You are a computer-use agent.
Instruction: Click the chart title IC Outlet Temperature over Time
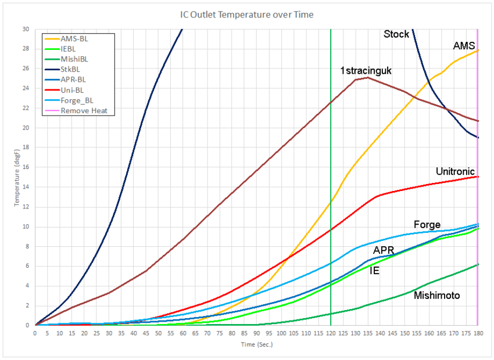(x=247, y=15)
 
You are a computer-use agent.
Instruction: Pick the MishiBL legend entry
(x=75, y=59)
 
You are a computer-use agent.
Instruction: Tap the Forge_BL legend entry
(x=76, y=100)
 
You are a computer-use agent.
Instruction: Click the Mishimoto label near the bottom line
(x=436, y=296)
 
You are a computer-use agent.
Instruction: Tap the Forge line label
(x=427, y=225)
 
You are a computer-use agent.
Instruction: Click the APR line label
(x=384, y=250)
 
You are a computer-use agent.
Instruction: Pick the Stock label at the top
(x=396, y=34)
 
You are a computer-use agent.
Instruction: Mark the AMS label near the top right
(x=464, y=46)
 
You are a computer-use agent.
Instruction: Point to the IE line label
(x=375, y=271)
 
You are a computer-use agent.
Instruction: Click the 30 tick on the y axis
(x=26, y=29)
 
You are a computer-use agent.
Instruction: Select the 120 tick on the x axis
(x=331, y=334)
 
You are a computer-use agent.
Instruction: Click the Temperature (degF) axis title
(x=17, y=177)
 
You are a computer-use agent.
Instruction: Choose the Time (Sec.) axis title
(x=256, y=345)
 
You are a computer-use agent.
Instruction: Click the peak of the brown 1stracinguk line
(x=367, y=77)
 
